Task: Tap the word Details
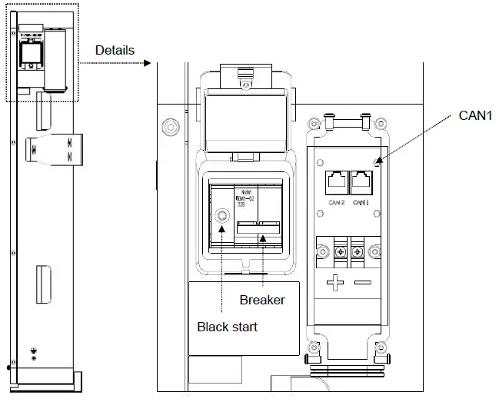(x=115, y=50)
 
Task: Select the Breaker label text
(x=261, y=299)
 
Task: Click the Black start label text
(x=227, y=326)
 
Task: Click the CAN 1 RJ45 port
(x=362, y=183)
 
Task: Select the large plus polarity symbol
(x=336, y=283)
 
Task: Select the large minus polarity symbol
(x=362, y=283)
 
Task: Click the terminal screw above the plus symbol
(x=338, y=252)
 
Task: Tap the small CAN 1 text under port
(x=362, y=203)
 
